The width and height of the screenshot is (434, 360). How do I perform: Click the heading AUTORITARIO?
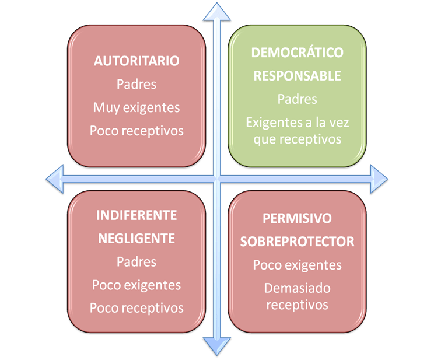pyautogui.click(x=136, y=61)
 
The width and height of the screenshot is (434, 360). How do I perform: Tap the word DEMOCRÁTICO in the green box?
pyautogui.click(x=297, y=52)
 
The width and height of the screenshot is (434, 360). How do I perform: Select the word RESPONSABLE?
pyautogui.click(x=297, y=76)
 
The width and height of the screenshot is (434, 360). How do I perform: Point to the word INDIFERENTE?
pyautogui.click(x=136, y=215)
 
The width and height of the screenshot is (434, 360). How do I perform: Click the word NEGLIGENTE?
pyautogui.click(x=136, y=239)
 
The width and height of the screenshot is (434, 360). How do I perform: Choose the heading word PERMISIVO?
pyautogui.click(x=297, y=218)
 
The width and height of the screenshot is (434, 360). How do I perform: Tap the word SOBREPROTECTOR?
pyautogui.click(x=297, y=242)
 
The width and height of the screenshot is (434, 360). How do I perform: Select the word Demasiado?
pyautogui.click(x=297, y=288)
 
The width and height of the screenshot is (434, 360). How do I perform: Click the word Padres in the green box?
pyautogui.click(x=297, y=99)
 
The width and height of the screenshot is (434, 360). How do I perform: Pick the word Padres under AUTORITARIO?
pyautogui.click(x=136, y=84)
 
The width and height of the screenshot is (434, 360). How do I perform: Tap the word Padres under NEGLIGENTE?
pyautogui.click(x=136, y=262)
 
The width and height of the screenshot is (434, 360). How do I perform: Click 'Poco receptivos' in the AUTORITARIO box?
pyautogui.click(x=136, y=131)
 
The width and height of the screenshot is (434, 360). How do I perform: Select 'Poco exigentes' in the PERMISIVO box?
pyautogui.click(x=297, y=265)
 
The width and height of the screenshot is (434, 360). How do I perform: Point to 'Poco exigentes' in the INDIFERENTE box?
pyautogui.click(x=136, y=285)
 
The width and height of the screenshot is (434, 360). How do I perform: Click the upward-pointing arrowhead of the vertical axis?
pyautogui.click(x=217, y=12)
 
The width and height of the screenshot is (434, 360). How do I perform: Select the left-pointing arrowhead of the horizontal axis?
pyautogui.click(x=55, y=179)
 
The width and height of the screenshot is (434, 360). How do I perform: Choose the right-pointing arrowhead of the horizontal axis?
pyautogui.click(x=379, y=179)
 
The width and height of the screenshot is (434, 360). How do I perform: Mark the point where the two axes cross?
pyautogui.click(x=217, y=179)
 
